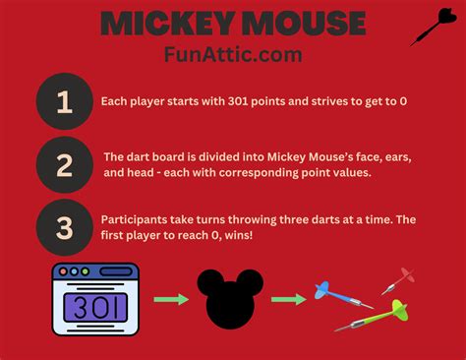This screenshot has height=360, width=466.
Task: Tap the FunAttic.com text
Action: tap(232, 54)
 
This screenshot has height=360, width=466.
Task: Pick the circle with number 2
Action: tap(64, 164)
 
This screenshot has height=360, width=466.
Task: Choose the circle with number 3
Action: tap(64, 228)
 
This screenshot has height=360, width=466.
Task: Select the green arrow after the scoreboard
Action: tap(171, 298)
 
